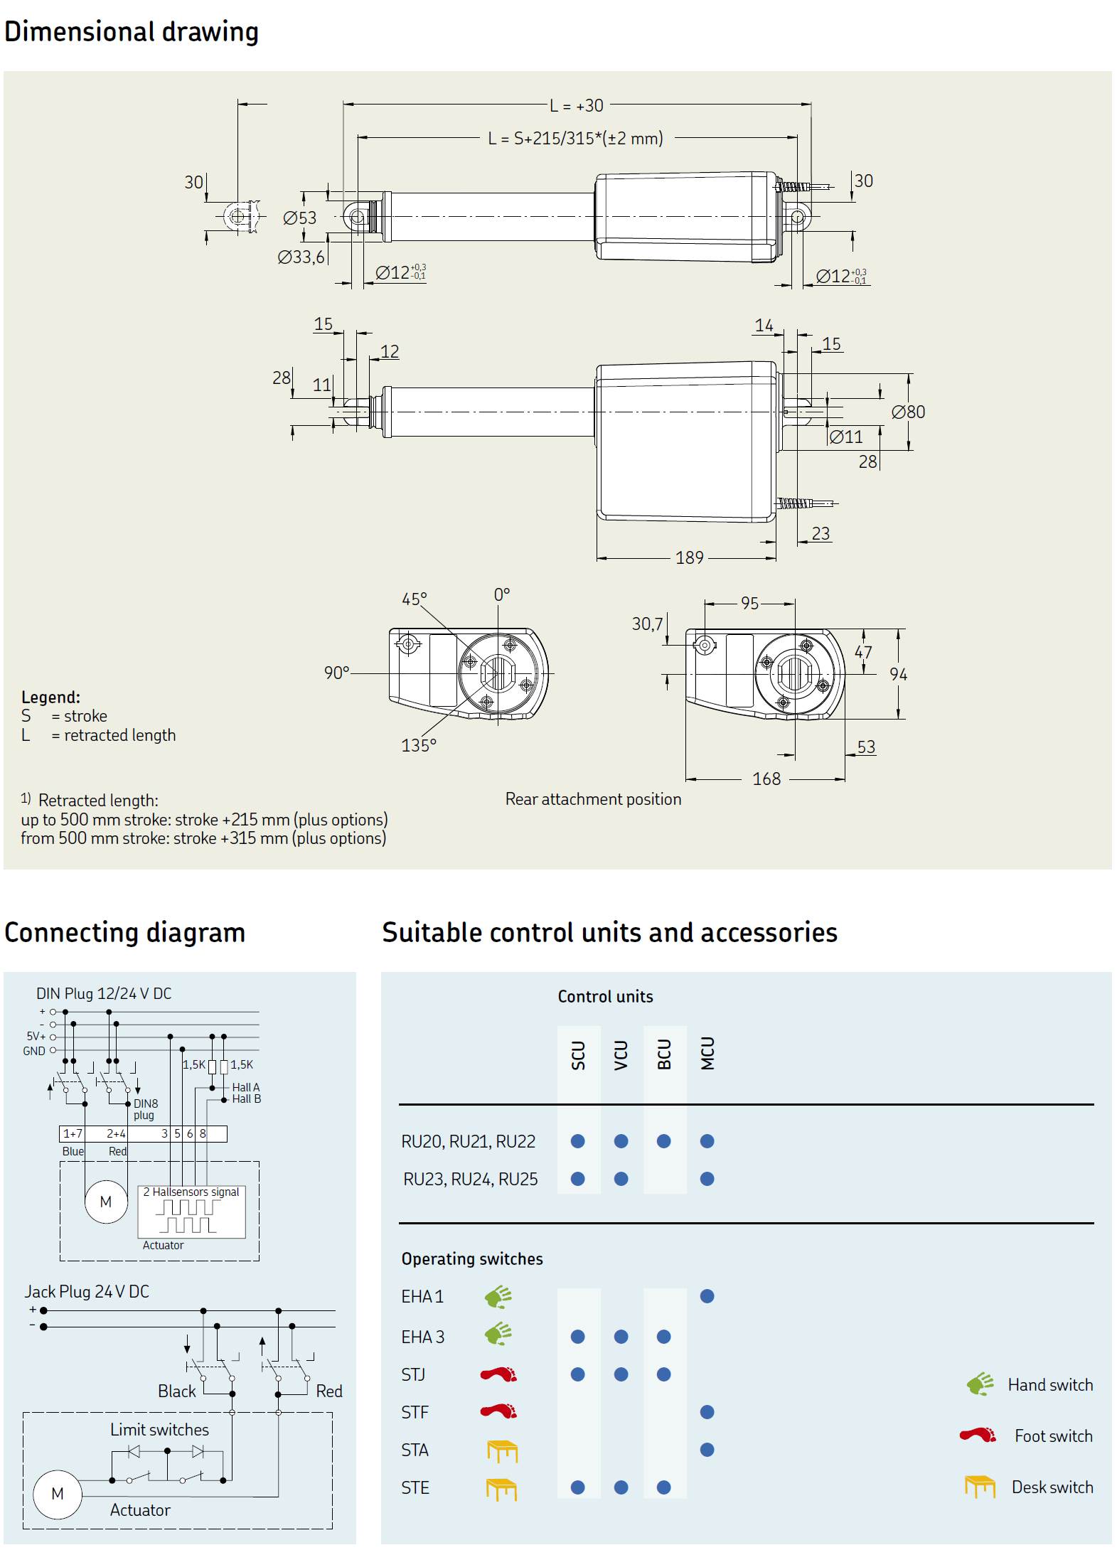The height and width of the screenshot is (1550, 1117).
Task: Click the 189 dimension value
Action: (x=689, y=558)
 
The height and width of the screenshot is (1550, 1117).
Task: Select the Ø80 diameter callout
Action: (x=908, y=412)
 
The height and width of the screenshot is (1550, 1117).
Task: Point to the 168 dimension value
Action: (x=766, y=779)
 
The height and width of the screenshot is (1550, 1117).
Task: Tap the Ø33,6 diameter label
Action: (x=301, y=257)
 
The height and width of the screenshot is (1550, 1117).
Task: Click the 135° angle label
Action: (x=418, y=746)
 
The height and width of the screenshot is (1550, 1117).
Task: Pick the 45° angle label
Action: (x=414, y=599)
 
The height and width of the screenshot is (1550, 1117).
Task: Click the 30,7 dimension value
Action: (x=647, y=624)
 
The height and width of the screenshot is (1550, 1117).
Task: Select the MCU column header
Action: (x=707, y=1054)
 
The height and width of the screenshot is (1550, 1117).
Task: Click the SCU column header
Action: (x=578, y=1055)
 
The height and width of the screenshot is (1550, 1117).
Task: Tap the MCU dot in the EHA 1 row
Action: (x=707, y=1296)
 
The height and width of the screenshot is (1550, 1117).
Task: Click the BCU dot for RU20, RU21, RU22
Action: (x=663, y=1141)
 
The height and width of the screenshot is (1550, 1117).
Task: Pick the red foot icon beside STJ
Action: (x=498, y=1374)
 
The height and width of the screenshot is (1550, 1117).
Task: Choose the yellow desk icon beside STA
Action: (x=502, y=1450)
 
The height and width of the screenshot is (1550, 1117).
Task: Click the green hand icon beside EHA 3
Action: (x=498, y=1335)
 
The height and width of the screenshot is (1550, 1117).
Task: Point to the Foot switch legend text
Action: (x=1053, y=1436)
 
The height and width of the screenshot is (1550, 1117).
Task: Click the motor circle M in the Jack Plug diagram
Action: (x=58, y=1494)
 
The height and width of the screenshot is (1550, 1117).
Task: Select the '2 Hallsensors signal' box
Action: (x=191, y=1212)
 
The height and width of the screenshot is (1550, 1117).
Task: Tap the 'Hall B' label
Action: (x=246, y=1099)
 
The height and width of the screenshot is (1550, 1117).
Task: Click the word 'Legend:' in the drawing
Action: (x=50, y=697)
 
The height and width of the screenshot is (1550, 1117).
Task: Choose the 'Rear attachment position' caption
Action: (x=593, y=799)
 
